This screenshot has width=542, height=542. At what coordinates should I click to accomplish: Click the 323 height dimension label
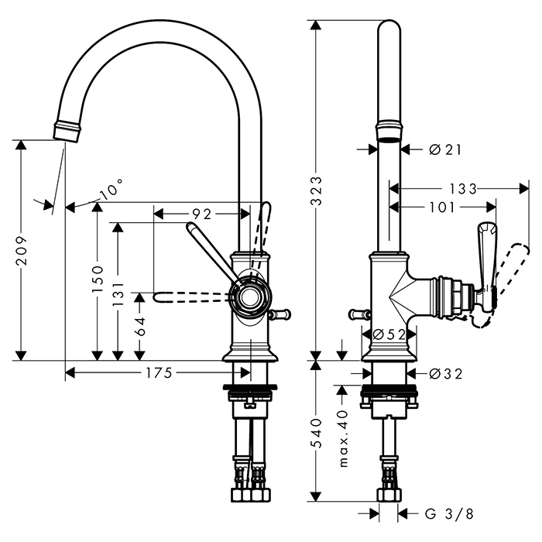(315, 190)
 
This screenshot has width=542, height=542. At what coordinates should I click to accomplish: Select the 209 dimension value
(22, 249)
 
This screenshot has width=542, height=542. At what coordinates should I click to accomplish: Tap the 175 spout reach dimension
(157, 373)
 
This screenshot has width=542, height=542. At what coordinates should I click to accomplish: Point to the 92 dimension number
(201, 213)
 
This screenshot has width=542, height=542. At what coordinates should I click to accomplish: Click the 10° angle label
(111, 190)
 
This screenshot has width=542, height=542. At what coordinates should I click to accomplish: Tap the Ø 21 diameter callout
(444, 149)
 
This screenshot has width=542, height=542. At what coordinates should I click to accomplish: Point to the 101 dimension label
(442, 208)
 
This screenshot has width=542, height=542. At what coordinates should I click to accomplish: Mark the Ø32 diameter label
(445, 374)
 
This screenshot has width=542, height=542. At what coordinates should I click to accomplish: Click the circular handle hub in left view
(249, 297)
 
